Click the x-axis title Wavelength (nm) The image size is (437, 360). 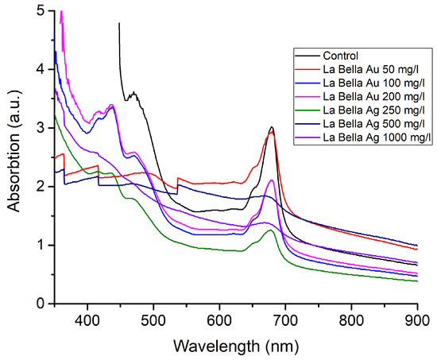pyautogui.click(x=239, y=346)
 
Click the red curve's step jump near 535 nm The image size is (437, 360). pyautogui.click(x=177, y=178)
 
